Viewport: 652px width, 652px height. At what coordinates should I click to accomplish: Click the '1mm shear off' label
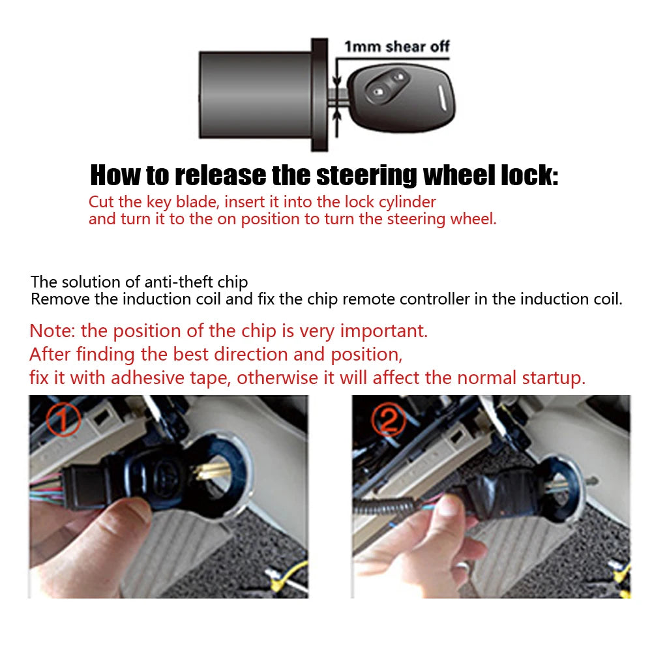(x=396, y=47)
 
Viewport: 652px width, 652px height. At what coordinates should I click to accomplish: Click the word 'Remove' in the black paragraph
(x=57, y=299)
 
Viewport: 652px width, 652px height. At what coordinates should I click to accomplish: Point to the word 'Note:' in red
(x=53, y=331)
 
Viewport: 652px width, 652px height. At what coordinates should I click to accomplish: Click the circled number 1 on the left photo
(x=64, y=419)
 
